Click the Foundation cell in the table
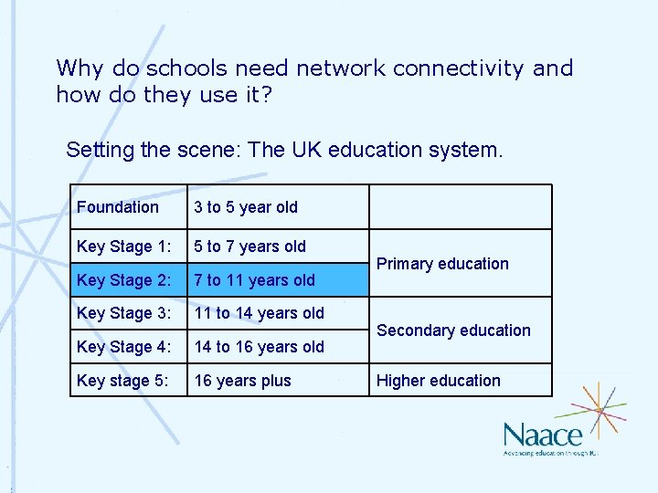coord(118,207)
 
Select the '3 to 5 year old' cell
coord(246,207)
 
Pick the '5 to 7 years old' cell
coord(250,246)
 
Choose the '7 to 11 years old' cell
coord(254,280)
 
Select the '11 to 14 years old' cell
coord(259,313)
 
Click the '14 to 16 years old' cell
coord(259,347)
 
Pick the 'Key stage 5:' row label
coord(122,381)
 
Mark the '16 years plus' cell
coord(242,381)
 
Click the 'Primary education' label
coord(442,264)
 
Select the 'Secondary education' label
coord(453,330)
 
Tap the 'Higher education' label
coord(439,381)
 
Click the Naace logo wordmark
coord(542,435)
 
